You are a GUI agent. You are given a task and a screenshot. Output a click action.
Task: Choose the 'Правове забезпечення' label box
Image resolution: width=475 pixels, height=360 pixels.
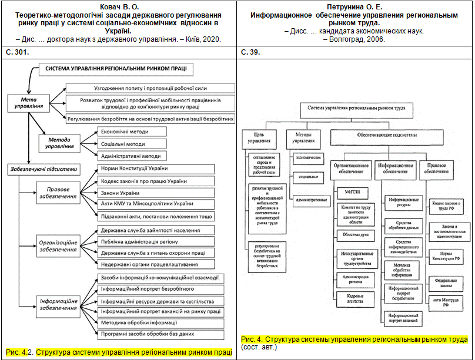coord(57,194)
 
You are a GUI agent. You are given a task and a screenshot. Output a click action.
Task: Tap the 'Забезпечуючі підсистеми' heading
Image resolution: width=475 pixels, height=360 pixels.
coord(43,169)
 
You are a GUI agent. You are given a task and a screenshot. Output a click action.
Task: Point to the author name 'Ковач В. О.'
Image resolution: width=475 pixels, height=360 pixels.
coord(119,5)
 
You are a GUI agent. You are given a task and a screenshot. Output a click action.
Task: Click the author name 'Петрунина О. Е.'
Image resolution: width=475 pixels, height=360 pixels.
coord(354,5)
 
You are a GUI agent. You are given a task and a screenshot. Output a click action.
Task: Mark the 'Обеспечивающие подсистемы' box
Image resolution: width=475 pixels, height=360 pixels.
coord(387,134)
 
